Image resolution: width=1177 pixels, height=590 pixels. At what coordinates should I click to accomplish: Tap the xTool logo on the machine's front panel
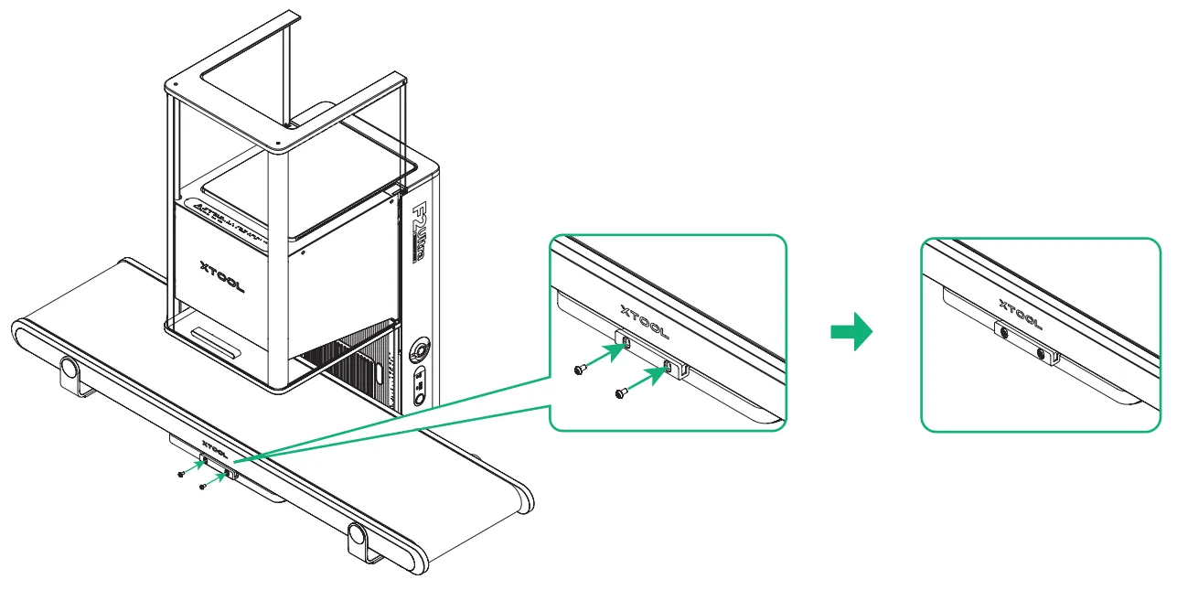click(x=222, y=275)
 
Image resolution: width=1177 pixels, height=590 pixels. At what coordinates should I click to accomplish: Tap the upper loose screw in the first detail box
click(x=580, y=369)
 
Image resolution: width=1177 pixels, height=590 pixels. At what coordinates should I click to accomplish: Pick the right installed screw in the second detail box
click(x=1041, y=352)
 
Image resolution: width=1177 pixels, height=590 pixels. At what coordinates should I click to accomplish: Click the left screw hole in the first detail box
click(x=626, y=343)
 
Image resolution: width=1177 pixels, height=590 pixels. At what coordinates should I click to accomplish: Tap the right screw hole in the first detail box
click(x=668, y=367)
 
